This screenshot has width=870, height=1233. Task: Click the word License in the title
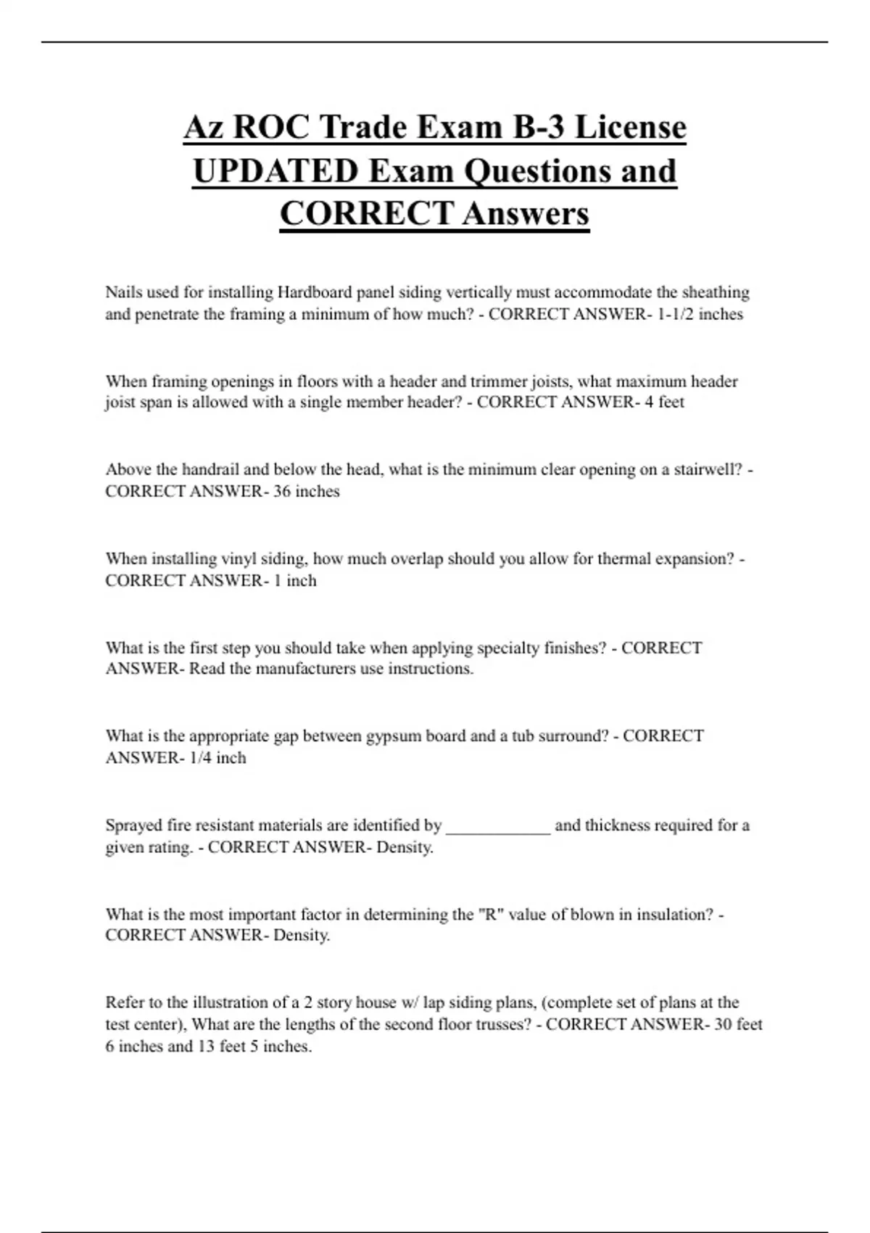pyautogui.click(x=630, y=128)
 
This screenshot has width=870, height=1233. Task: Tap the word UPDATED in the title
pyautogui.click(x=276, y=171)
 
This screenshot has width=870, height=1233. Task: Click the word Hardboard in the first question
pyautogui.click(x=311, y=292)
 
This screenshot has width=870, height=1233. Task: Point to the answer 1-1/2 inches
pyautogui.click(x=700, y=314)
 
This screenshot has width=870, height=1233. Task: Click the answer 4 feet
pyautogui.click(x=664, y=402)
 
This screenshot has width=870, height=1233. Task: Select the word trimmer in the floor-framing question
pyautogui.click(x=499, y=382)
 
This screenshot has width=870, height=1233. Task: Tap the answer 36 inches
pyautogui.click(x=306, y=491)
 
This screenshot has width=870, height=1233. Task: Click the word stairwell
pyautogui.click(x=708, y=469)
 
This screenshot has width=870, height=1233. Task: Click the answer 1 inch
pyautogui.click(x=294, y=580)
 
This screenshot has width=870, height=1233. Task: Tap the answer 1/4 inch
pyautogui.click(x=217, y=758)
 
